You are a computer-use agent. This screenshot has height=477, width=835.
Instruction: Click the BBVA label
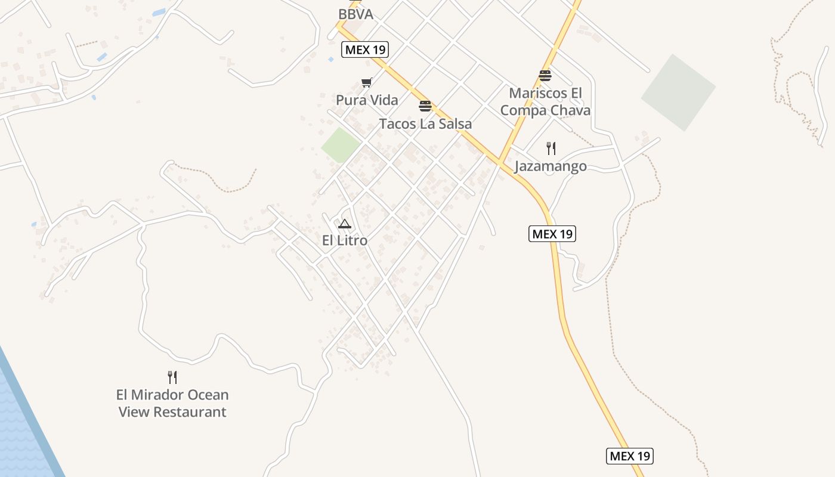[355, 14]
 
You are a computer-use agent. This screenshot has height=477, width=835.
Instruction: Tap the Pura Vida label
[367, 100]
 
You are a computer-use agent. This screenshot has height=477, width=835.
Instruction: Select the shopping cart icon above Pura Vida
[366, 83]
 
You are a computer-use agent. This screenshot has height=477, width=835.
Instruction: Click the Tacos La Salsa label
[425, 124]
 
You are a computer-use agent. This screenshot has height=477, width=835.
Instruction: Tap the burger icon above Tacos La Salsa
[425, 106]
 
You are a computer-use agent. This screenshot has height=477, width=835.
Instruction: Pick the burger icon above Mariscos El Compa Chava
[545, 76]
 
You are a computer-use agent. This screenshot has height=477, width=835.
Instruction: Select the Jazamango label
[550, 166]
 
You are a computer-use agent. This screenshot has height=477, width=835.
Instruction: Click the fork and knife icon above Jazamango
[551, 148]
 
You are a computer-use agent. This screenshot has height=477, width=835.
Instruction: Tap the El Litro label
[344, 241]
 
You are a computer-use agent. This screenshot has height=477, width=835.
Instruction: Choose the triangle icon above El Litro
[344, 224]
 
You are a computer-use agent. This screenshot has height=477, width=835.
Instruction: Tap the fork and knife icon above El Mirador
[172, 377]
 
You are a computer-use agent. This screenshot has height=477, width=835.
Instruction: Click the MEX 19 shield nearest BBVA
[365, 50]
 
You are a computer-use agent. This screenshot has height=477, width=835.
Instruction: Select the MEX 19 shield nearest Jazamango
[552, 234]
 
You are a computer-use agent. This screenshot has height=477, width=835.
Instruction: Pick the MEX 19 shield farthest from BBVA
[630, 456]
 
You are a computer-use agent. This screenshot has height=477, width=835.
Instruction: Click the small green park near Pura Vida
[341, 145]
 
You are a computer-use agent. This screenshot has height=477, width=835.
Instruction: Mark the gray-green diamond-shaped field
[678, 92]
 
